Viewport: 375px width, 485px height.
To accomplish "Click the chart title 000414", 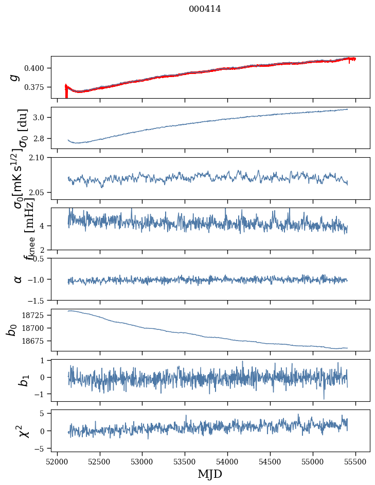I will pyautogui.click(x=205, y=9).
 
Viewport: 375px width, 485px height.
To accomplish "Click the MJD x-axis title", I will pyautogui.click(x=210, y=474).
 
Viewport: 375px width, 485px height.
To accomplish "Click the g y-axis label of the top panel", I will pyautogui.click(x=16, y=77).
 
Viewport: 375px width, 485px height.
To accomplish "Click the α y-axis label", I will pyautogui.click(x=18, y=279).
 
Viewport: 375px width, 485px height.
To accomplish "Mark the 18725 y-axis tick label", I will pyautogui.click(x=36, y=315).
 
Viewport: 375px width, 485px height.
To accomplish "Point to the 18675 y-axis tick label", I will pyautogui.click(x=36, y=341).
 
